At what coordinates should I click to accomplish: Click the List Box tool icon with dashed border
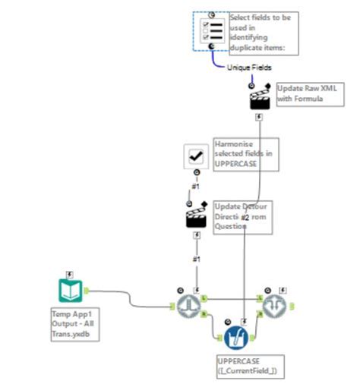[x=210, y=31]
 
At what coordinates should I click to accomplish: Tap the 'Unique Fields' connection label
[x=248, y=68]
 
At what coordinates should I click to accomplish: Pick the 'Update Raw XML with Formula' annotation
[x=304, y=93]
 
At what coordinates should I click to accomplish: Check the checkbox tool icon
[x=197, y=156]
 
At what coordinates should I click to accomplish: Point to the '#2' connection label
[x=245, y=218]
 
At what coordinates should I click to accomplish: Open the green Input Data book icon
[x=70, y=290]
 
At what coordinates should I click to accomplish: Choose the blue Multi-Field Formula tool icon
[x=235, y=336]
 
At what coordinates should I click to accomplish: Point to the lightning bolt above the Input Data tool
[x=70, y=273]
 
